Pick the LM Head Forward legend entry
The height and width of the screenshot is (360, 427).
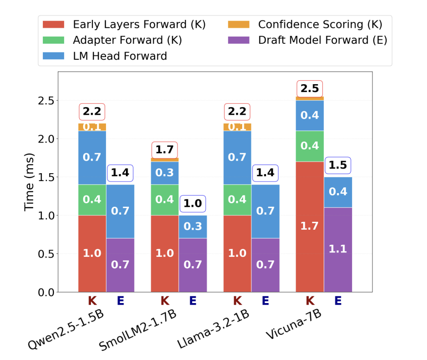tap(120, 56)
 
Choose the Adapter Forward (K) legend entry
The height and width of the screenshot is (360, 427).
tap(127, 40)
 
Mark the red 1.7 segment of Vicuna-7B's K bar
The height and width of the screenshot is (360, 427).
tap(310, 226)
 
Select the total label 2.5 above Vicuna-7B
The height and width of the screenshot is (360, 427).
tap(310, 89)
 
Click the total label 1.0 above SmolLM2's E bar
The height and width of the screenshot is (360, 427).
tap(193, 203)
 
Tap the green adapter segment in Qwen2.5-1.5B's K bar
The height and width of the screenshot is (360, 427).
tap(92, 200)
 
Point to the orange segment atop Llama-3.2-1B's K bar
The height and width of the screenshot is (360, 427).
tap(237, 127)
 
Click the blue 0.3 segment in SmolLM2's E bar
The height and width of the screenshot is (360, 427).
tap(193, 227)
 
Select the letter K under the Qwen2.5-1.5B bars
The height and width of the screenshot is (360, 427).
tap(92, 301)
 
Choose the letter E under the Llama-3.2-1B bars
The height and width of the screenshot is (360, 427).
tap(266, 301)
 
